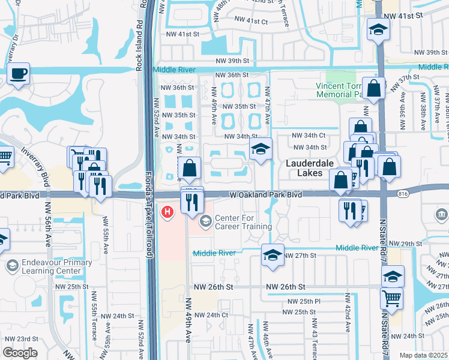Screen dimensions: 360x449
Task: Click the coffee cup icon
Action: pyautogui.click(x=19, y=74)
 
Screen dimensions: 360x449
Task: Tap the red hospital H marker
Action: pyautogui.click(x=168, y=212)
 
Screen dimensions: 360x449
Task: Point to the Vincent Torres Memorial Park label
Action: pyautogui.click(x=340, y=89)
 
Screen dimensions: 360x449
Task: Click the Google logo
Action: pyautogui.click(x=20, y=353)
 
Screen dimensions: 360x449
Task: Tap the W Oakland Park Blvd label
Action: pyautogui.click(x=265, y=194)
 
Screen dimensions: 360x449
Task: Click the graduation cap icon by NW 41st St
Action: pyautogui.click(x=378, y=30)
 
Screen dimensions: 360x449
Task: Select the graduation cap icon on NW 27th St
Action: pyautogui.click(x=273, y=255)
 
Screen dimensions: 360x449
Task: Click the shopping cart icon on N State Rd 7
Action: pyautogui.click(x=391, y=298)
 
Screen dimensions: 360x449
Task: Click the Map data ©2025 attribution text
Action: pyautogui.click(x=423, y=355)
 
